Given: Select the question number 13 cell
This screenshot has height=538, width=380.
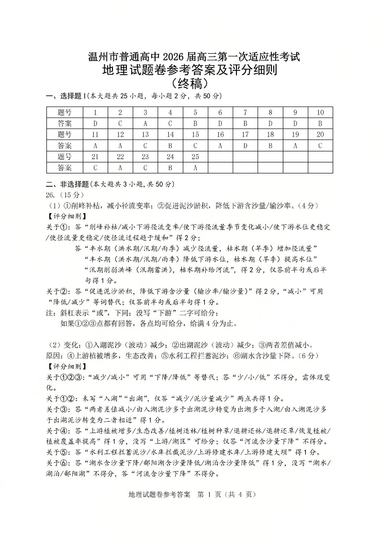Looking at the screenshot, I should coord(145,135).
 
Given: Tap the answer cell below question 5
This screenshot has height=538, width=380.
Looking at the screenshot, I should coord(195,124).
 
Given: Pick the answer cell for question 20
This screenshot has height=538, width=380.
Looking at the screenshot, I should coord(320,146).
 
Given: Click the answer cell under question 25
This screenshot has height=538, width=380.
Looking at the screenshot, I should coord(195,168).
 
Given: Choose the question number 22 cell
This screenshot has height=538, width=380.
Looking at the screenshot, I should coord(120,157).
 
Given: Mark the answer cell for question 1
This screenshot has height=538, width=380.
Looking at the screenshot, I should coord(95,124).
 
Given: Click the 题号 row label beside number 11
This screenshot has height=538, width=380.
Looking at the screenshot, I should coord(65,135).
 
